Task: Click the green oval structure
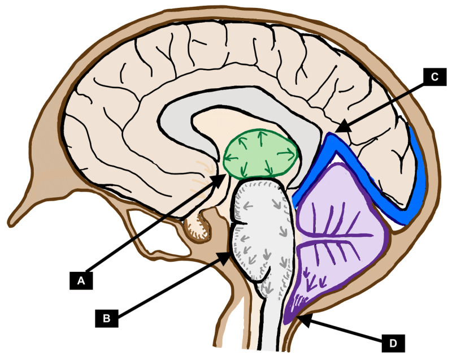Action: point(261,153)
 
